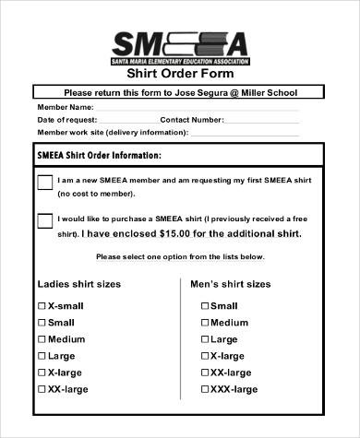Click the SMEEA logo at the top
tap(179, 44)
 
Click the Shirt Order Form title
tap(179, 74)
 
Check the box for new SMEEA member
tap(44, 183)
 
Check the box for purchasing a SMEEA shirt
tap(44, 221)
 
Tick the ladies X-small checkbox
tap(41, 305)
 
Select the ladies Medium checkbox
tap(41, 338)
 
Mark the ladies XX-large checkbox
tap(41, 389)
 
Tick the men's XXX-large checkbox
tap(204, 389)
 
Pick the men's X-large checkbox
tap(204, 355)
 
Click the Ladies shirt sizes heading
tap(78, 284)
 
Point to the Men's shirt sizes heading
tap(230, 284)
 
